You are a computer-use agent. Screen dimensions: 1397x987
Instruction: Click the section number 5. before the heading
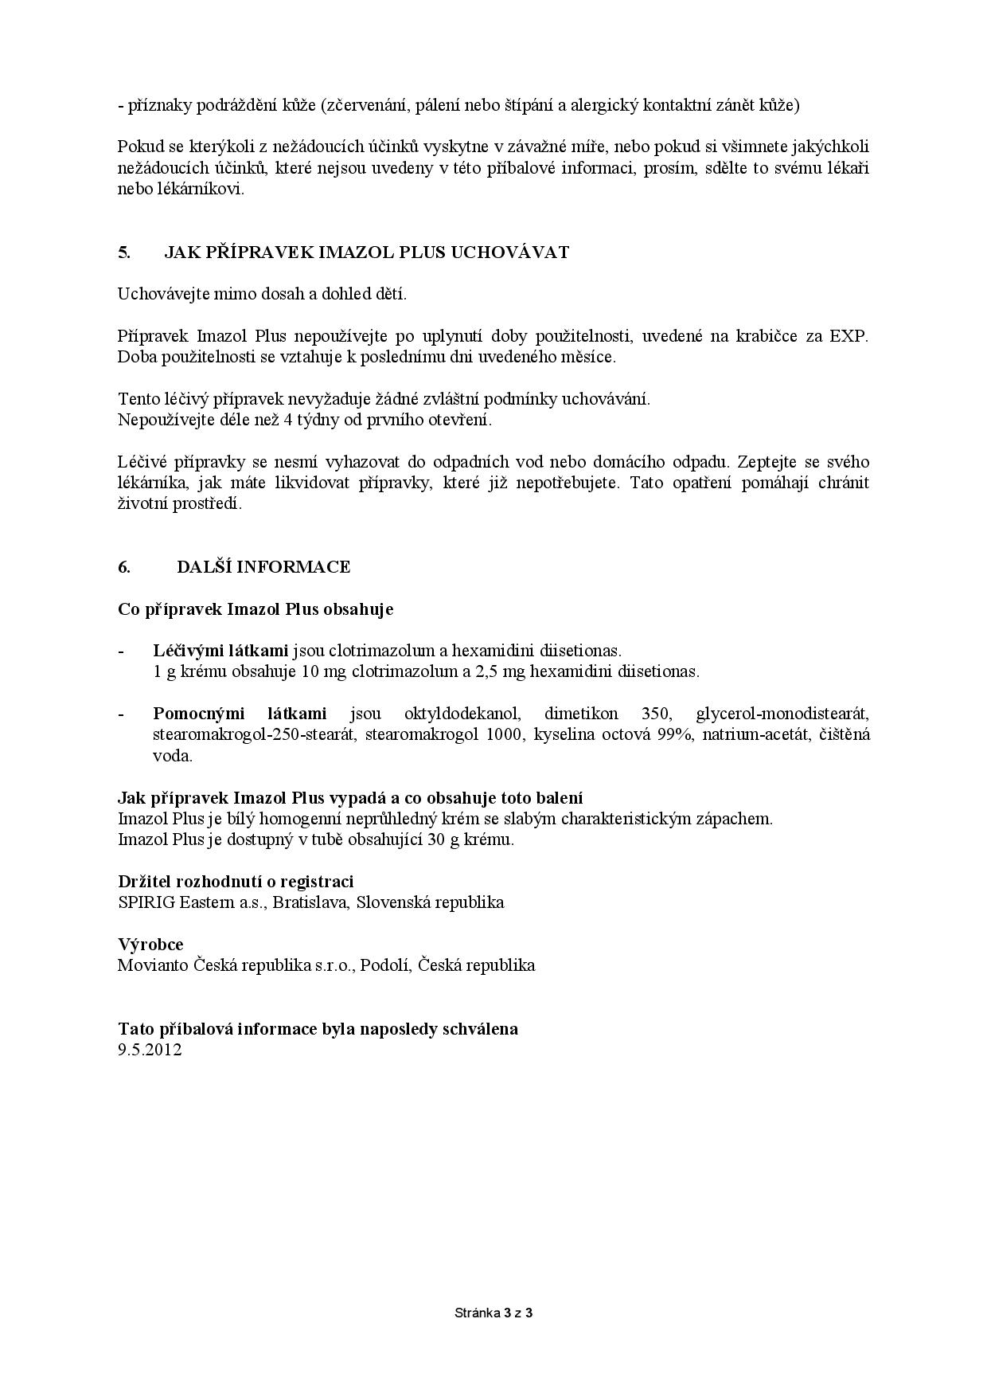[124, 252]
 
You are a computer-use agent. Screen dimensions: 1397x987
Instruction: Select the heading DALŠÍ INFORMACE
[263, 567]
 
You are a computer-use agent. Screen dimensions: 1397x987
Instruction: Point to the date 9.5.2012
[150, 1050]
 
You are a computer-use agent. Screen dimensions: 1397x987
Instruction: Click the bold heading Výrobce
[150, 945]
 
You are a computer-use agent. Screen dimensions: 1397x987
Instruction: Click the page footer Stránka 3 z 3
[494, 1313]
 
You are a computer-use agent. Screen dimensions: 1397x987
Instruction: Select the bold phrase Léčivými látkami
[220, 651]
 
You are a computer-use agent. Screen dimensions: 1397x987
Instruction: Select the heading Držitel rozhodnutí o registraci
[236, 882]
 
